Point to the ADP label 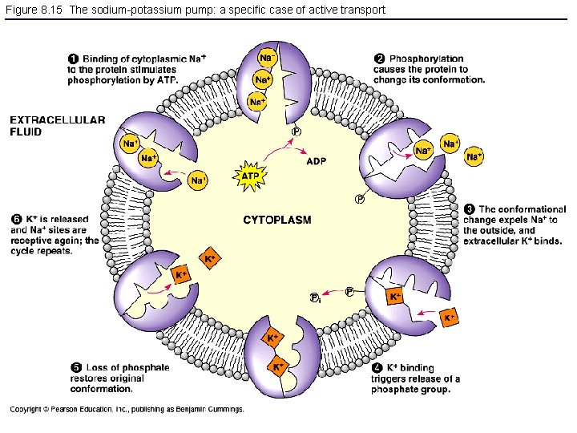(317, 160)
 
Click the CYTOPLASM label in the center (277, 219)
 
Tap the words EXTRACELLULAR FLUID (57, 126)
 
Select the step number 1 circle (73, 59)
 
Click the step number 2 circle (379, 59)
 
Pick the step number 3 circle (469, 209)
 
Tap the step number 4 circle (377, 368)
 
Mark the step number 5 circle (74, 368)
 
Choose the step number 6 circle (16, 219)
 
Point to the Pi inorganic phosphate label (315, 298)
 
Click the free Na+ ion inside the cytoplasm (199, 180)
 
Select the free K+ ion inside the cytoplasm (210, 258)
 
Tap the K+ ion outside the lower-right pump (450, 318)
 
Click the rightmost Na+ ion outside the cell (474, 157)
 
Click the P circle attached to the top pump (297, 132)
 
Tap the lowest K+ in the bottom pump (277, 367)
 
